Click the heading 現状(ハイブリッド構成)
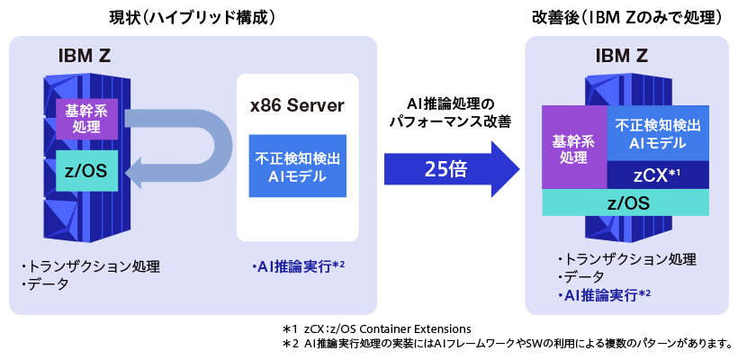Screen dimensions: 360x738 191,17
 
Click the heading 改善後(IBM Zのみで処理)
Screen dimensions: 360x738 627,17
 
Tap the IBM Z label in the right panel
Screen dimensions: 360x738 621,57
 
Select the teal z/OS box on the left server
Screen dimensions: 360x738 86,171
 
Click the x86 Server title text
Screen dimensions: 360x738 297,105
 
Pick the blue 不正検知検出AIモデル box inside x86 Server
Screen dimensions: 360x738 297,166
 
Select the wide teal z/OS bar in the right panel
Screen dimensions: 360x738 627,203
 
